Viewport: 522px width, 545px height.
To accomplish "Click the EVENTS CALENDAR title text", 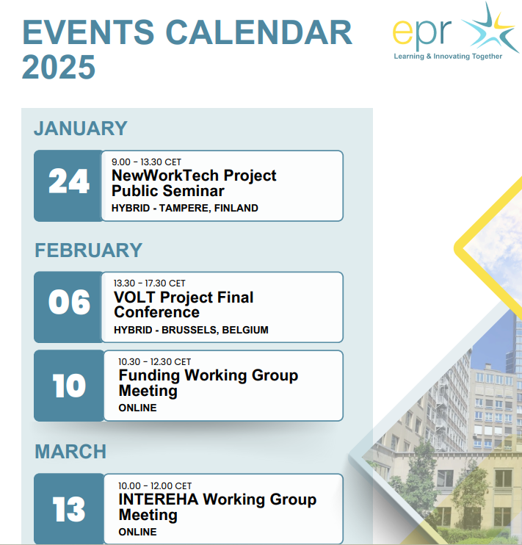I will click(187, 33).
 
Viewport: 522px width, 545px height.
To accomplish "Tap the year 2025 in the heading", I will click(59, 68).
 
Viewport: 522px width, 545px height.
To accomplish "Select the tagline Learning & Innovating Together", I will click(448, 57).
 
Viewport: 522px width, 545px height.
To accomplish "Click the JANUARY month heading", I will click(81, 129).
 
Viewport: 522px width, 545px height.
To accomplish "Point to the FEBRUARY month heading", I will click(88, 250).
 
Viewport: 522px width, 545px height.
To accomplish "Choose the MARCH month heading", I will click(70, 451).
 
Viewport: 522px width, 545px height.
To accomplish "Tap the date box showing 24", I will click(68, 184).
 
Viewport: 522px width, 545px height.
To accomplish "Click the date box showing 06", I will click(69, 304).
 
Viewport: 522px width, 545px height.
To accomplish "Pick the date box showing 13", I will click(69, 509).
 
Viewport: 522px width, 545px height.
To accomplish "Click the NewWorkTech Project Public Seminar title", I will click(194, 184).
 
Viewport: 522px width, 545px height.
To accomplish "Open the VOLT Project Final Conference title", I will click(184, 305).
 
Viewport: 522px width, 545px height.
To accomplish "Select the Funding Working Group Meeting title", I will click(209, 383).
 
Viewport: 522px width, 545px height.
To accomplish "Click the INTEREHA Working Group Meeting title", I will click(217, 507).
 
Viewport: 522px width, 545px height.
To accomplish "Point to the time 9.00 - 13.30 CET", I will click(146, 162).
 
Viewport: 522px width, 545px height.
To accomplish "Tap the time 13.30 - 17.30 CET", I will click(150, 284).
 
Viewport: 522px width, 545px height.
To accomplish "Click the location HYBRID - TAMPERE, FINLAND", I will click(185, 208).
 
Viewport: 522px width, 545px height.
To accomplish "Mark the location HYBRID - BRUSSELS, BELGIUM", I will click(191, 330).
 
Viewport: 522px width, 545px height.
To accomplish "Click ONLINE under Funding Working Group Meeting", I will click(137, 408).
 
